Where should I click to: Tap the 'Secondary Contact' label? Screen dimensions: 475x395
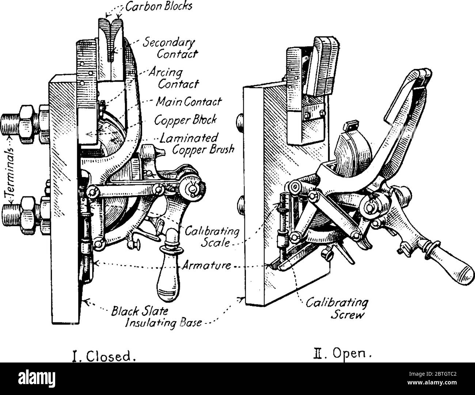click(170, 49)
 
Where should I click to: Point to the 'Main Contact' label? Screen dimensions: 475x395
click(189, 102)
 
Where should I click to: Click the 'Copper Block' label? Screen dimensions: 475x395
click(185, 120)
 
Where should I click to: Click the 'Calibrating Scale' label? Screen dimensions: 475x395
click(212, 237)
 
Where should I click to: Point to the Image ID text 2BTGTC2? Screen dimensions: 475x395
click(433, 374)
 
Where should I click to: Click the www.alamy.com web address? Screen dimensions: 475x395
click(432, 383)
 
